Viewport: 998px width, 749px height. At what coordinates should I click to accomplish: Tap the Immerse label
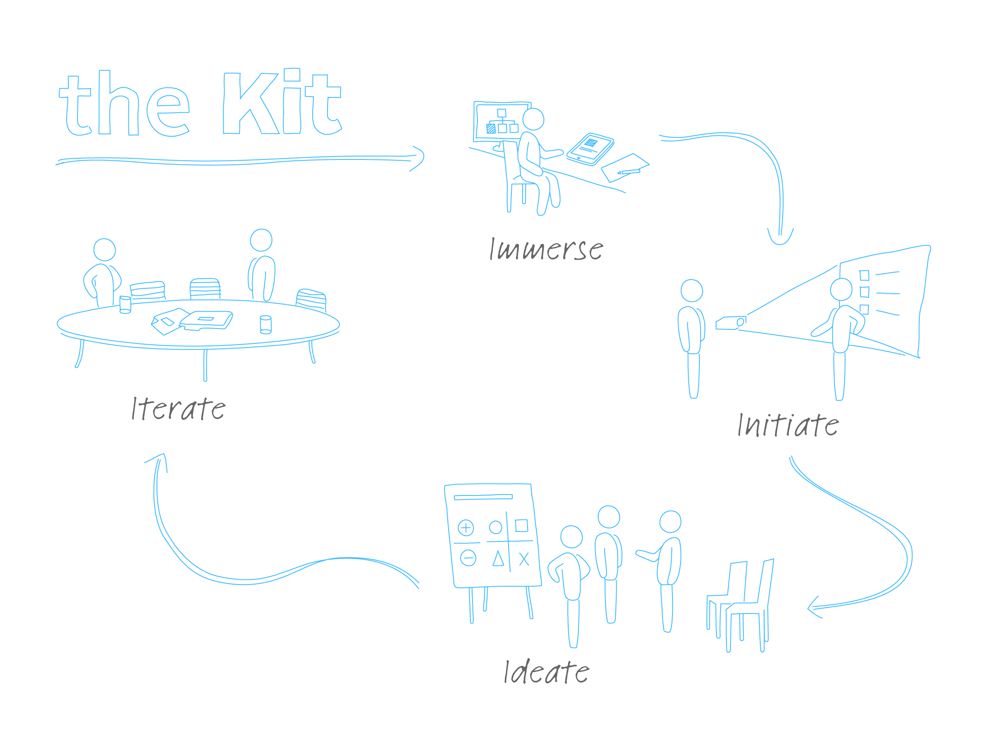[546, 249]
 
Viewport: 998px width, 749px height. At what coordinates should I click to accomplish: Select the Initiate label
[788, 425]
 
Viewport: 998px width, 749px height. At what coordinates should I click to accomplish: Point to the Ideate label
[546, 672]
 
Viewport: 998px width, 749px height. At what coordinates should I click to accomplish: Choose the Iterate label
[178, 408]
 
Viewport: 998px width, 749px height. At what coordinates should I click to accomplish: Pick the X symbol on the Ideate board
[524, 559]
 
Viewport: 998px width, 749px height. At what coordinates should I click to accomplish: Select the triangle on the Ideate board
[498, 559]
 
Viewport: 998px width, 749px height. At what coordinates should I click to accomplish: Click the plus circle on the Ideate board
[465, 527]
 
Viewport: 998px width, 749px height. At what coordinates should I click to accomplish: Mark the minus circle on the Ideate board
[468, 558]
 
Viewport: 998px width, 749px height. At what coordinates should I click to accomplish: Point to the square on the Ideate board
[521, 526]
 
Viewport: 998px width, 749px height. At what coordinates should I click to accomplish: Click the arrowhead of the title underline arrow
[419, 157]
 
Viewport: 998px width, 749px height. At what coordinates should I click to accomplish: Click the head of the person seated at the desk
[533, 119]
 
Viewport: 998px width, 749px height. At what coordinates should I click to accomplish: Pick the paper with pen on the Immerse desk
[625, 167]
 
